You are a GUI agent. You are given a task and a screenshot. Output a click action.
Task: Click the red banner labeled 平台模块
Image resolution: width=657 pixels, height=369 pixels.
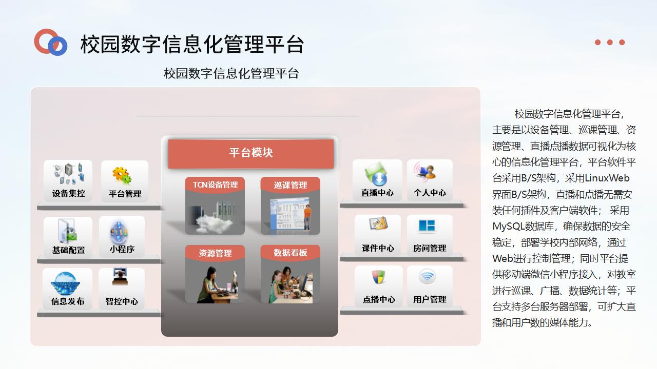[251, 153]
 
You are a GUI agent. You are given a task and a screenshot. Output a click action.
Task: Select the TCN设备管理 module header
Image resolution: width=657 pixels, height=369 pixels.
[215, 185]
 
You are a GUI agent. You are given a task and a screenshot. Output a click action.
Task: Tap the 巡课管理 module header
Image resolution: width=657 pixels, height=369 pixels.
[291, 185]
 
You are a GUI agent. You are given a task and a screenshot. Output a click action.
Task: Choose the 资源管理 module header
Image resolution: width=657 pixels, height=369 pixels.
[215, 253]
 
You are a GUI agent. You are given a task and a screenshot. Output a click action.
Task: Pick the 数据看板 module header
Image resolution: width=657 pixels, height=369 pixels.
[291, 253]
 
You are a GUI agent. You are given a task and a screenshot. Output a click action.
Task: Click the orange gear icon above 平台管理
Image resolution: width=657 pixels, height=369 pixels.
[122, 175]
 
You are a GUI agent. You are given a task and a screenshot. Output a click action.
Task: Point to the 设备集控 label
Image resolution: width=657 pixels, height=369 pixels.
[69, 193]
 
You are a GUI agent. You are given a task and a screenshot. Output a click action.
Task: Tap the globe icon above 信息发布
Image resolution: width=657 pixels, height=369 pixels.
[65, 283]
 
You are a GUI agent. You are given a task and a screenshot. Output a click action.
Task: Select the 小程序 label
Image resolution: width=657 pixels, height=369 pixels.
[122, 249]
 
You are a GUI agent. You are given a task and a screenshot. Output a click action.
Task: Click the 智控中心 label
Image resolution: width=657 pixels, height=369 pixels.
[122, 301]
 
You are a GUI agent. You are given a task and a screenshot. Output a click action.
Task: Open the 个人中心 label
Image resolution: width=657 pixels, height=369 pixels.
[430, 193]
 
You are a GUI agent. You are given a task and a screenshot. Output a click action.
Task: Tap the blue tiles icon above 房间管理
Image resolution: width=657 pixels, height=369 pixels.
[427, 226]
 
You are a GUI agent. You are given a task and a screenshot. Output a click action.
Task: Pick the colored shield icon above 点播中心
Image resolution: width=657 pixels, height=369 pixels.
[378, 277]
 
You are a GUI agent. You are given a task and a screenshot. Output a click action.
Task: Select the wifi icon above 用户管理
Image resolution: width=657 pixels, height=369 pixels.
[427, 276]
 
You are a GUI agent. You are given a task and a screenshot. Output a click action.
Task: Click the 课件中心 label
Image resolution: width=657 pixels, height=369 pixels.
[378, 248]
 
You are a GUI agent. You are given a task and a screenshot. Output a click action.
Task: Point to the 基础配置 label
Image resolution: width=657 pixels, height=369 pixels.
[69, 250]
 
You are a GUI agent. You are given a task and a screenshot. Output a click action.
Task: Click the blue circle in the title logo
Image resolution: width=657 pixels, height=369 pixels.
[57, 46]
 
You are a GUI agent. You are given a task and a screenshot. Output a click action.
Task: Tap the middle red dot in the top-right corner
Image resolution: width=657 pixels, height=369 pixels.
[610, 43]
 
